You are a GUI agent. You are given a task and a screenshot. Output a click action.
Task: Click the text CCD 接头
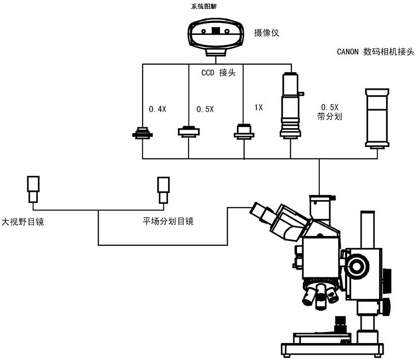click(218, 73)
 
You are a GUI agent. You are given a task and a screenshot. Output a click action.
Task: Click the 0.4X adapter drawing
click(143, 133)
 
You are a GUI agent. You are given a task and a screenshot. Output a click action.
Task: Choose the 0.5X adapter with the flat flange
click(189, 131)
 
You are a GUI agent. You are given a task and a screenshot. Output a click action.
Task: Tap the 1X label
click(258, 107)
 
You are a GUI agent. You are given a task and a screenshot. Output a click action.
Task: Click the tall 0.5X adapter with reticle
click(289, 105)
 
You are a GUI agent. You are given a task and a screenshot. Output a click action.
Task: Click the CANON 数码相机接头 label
click(376, 52)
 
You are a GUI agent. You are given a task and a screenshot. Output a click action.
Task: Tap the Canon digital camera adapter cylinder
click(377, 118)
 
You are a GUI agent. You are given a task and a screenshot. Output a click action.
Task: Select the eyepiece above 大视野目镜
click(33, 189)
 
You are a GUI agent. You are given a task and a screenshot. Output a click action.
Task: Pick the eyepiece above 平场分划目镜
click(163, 189)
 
